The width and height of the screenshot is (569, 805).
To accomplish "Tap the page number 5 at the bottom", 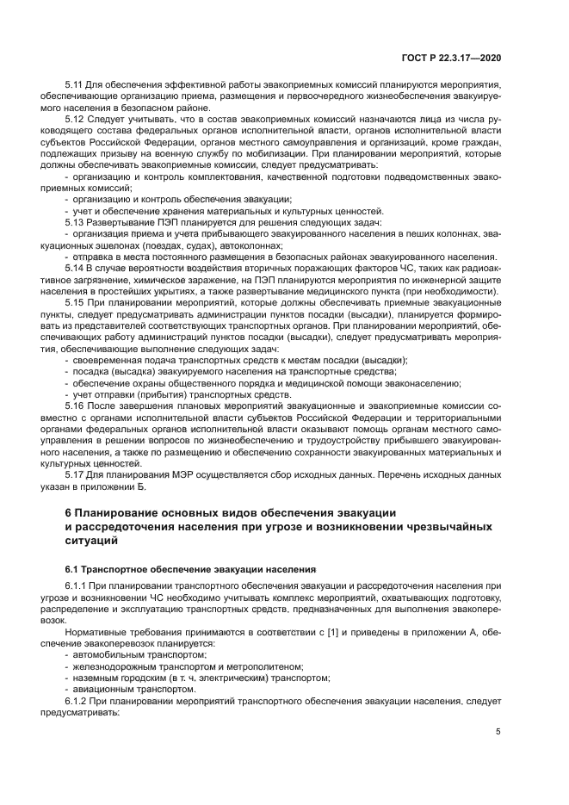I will click(498, 732).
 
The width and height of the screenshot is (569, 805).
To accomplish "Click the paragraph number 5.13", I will click(76, 221).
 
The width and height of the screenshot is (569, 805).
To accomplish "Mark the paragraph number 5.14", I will click(76, 267).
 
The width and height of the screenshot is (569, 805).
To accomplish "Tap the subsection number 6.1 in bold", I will click(74, 570).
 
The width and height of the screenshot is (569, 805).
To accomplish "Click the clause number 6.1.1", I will click(78, 585).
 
